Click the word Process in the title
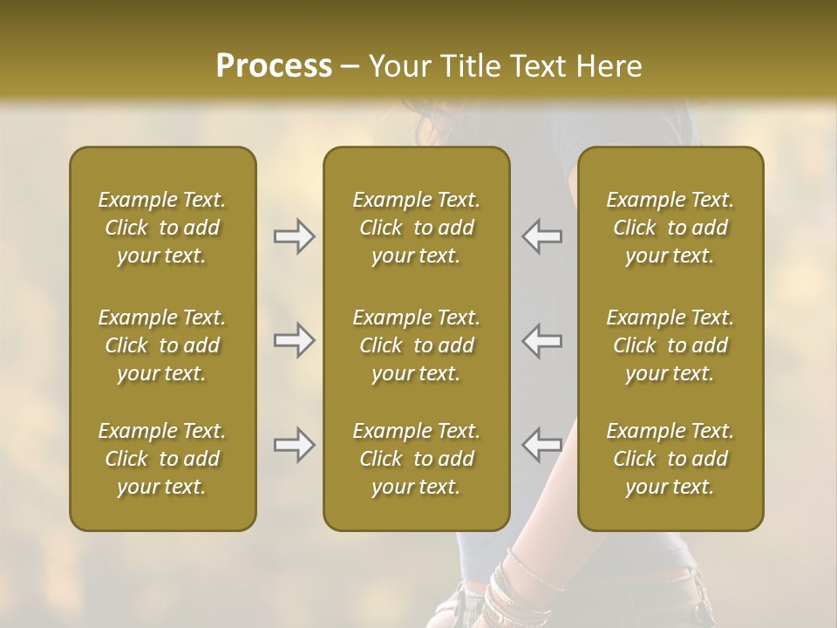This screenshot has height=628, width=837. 274,66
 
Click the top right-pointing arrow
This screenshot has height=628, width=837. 295,236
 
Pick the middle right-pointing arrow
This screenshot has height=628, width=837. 295,340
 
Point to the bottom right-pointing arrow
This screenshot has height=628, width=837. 295,445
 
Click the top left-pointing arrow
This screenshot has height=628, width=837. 542,236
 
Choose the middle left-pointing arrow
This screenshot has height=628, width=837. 542,340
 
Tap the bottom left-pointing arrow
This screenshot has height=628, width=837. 542,445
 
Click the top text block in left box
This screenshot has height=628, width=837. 162,228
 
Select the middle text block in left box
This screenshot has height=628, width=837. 162,345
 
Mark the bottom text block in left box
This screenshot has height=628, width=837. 162,459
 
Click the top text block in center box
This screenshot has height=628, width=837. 417,228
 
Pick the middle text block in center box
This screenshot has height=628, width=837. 417,345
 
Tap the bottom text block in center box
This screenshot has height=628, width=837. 417,459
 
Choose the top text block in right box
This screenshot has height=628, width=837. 670,228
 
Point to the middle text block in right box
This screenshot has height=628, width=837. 670,345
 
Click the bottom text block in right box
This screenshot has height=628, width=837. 670,459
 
